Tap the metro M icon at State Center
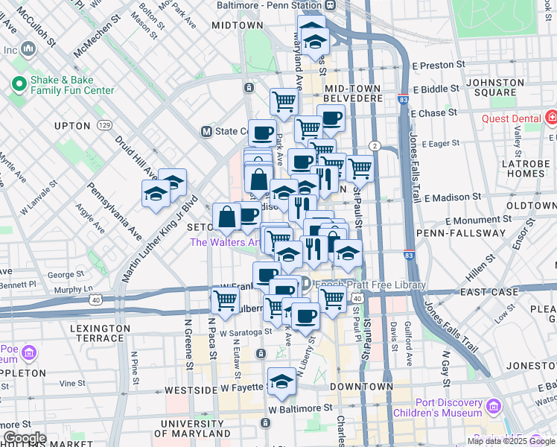pos(207,131)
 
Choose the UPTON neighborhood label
pos(72,126)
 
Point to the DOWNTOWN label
pos(361,387)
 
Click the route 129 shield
pos(104,124)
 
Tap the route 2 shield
pos(375,145)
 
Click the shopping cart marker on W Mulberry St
pos(224,300)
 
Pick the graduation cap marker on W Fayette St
pos(281,382)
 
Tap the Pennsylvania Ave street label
pos(114,212)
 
